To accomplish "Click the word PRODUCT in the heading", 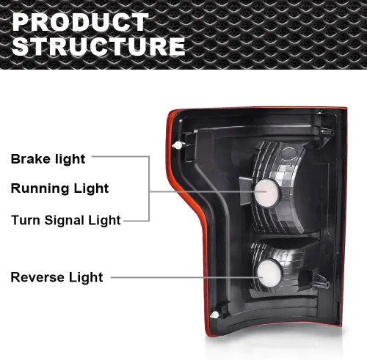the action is point(80,22).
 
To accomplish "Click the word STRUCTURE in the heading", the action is point(98,46).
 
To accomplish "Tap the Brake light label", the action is point(48,159).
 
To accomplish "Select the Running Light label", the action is point(59,188).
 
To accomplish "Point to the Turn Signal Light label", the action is point(66,221).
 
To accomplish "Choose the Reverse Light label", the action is point(57,277).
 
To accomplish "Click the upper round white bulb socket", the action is point(266,193).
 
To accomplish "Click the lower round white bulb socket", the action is point(268,273).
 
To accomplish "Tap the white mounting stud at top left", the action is point(177,146).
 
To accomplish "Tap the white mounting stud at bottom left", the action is point(214,315).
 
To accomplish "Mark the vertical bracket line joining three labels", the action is point(149,188).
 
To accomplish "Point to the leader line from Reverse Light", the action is point(186,277).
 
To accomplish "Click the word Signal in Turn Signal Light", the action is point(64,221).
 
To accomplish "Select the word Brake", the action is point(30,159).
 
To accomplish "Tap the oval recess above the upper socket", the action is point(288,153).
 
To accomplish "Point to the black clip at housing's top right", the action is point(325,132).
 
